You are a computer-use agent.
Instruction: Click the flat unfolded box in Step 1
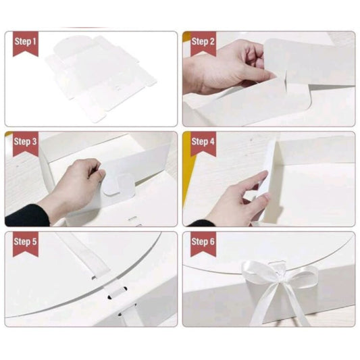pyautogui.click(x=101, y=78)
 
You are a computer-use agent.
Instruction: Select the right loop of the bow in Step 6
pyautogui.click(x=300, y=278)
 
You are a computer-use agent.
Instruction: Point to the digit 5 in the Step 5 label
pyautogui.click(x=34, y=242)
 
